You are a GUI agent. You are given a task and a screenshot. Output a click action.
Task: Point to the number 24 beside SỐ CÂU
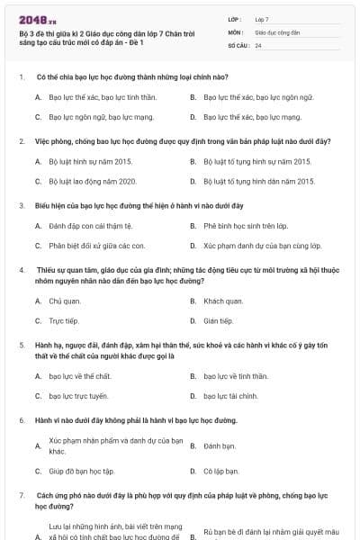click(258, 45)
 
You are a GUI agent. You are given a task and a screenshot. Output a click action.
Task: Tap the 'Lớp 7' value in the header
click(262, 18)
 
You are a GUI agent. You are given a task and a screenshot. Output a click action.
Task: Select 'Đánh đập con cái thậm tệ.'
click(90, 225)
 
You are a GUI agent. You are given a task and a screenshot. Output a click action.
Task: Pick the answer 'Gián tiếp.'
click(218, 320)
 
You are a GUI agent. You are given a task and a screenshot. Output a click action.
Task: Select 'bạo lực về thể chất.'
click(80, 375)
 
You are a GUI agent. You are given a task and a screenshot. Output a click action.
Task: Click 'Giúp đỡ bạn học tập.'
click(82, 471)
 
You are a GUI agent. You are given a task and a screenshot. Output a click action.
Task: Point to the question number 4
click(21, 269)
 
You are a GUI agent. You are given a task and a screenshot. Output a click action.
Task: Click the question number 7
click(21, 495)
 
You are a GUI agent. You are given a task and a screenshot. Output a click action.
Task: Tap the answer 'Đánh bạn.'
click(220, 445)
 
